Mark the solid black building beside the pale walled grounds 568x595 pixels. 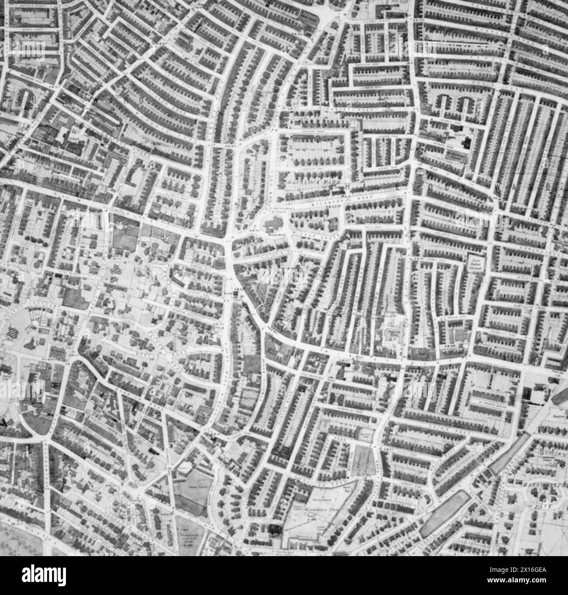pos(275,529)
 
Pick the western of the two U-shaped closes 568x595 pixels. pos(445,104)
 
